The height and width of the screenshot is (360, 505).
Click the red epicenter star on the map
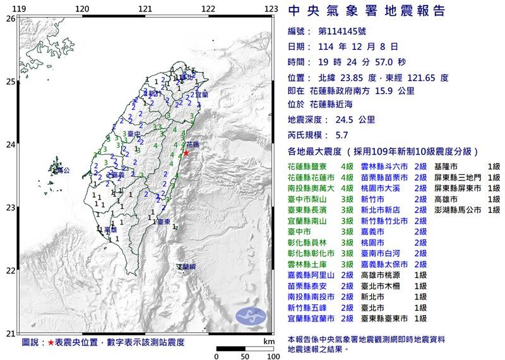(x=186, y=153)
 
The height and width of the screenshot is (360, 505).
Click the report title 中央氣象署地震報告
(x=366, y=11)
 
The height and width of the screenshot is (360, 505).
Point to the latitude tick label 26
(x=9, y=19)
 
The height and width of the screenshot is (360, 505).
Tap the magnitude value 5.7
(x=342, y=135)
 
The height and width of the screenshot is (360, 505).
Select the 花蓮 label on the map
(x=192, y=145)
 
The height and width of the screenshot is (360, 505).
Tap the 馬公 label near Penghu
(x=61, y=170)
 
